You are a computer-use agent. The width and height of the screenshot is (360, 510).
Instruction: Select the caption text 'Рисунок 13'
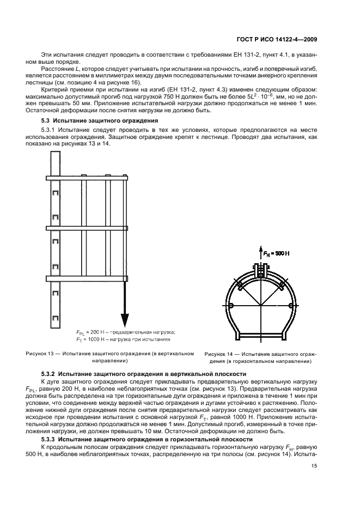click(x=41, y=354)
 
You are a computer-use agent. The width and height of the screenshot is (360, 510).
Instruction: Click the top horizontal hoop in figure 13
click(x=87, y=178)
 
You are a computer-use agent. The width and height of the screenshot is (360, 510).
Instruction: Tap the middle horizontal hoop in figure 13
click(x=87, y=228)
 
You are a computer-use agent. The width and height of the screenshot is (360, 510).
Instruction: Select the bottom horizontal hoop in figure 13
click(x=87, y=278)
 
